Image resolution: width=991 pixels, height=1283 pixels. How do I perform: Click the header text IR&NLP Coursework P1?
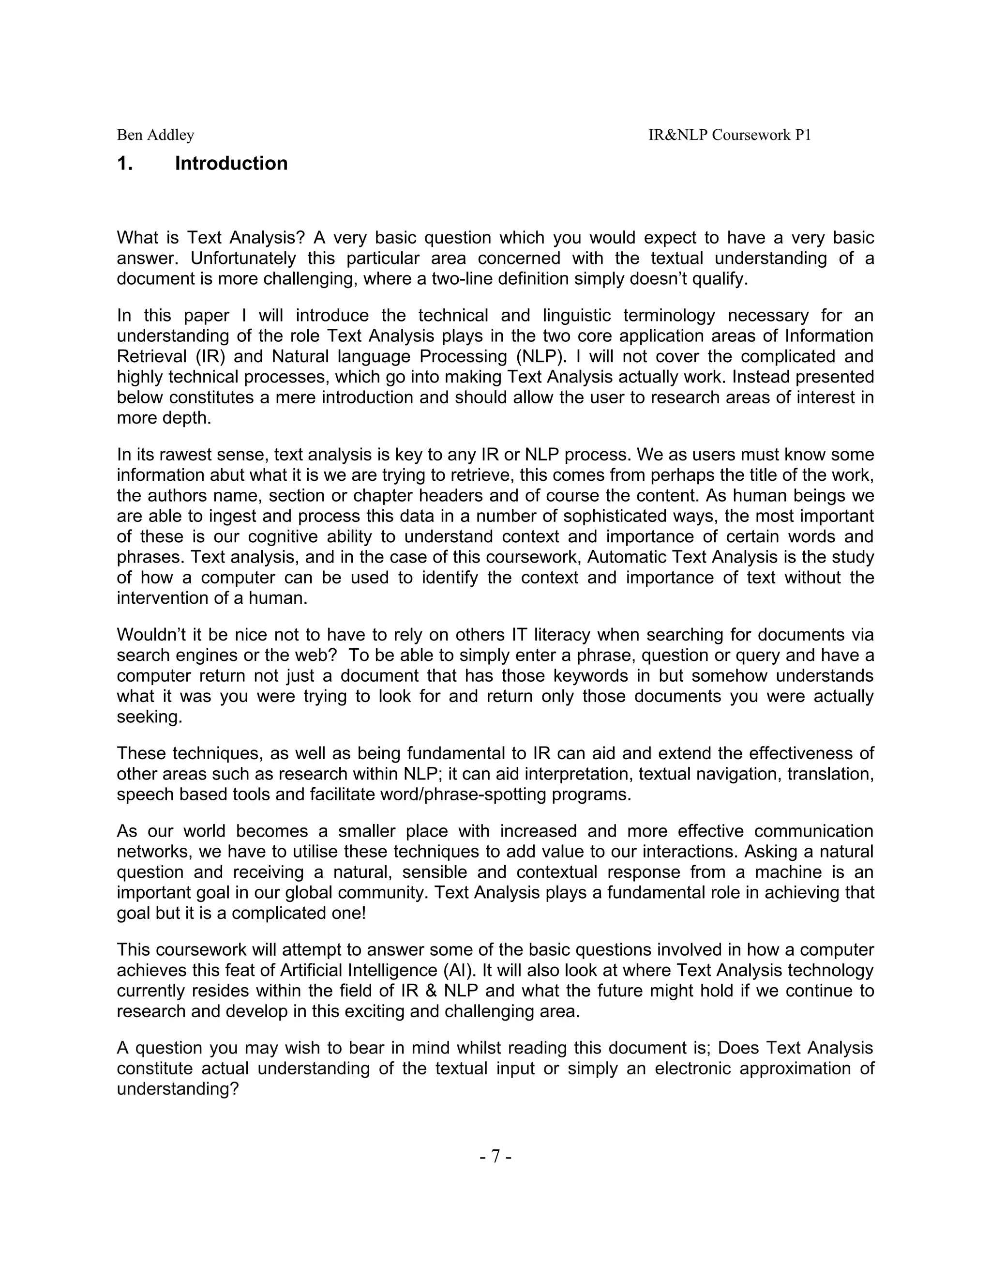pos(729,135)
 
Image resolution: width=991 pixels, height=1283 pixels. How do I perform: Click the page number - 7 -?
pos(495,1156)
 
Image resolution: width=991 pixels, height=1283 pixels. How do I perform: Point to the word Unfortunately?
pos(242,259)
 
